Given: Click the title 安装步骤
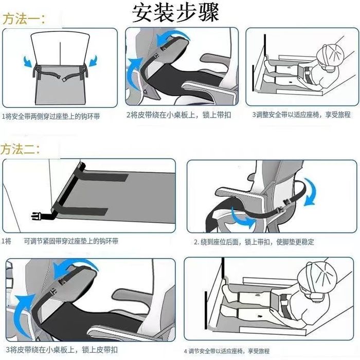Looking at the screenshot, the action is (x=175, y=13).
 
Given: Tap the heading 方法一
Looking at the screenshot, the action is (x=24, y=19).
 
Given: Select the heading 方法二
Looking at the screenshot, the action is (x=20, y=149).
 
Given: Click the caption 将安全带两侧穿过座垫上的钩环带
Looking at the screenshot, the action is (x=53, y=117).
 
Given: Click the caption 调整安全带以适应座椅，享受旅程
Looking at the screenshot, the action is (x=303, y=115).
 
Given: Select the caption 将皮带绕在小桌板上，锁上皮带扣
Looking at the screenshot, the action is (x=64, y=350).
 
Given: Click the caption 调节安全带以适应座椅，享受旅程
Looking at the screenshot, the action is (x=229, y=351).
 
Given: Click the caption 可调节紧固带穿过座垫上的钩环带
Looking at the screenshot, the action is (x=71, y=241).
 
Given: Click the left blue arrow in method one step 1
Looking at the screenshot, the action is (x=28, y=61).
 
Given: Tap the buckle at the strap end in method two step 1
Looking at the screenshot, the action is (x=37, y=217).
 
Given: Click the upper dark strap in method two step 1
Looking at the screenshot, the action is (x=103, y=176).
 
